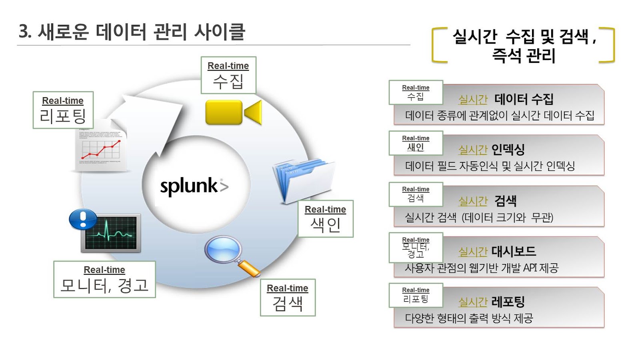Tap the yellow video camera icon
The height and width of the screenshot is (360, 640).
point(233,112)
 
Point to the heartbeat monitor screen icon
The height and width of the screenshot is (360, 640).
point(111,234)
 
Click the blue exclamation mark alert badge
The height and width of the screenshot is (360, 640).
point(83,219)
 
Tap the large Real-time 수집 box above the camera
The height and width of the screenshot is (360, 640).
point(228,75)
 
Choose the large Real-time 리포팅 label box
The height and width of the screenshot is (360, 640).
point(63,110)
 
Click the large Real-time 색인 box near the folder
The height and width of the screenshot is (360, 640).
point(326,218)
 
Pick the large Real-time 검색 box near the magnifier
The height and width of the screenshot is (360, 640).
point(288,297)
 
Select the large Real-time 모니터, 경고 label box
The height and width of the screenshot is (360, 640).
point(104,279)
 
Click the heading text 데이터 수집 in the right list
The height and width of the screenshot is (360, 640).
point(524,99)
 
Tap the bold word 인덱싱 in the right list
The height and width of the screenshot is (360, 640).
point(508,150)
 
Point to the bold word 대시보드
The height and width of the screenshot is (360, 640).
point(514,251)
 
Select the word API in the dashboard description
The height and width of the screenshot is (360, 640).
point(530,268)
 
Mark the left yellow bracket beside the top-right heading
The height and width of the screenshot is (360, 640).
point(438,45)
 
